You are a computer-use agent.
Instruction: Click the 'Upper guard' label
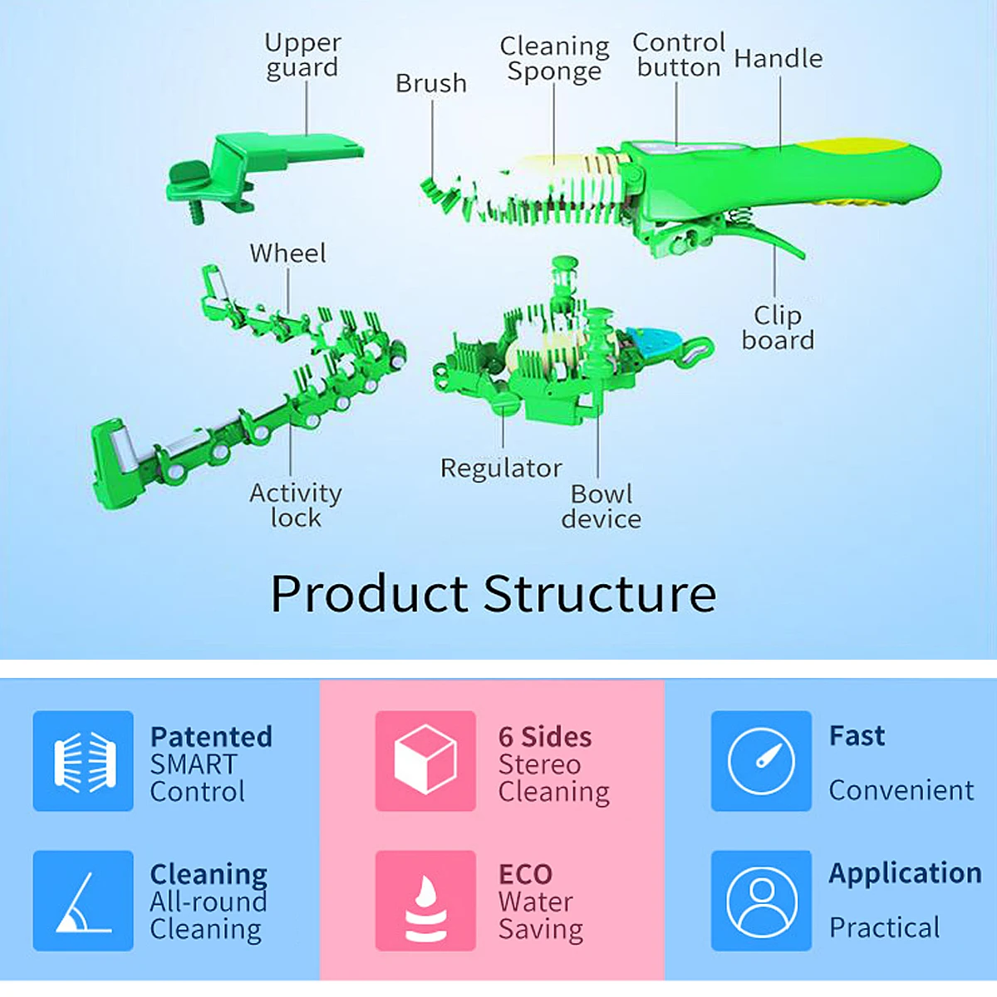(x=302, y=55)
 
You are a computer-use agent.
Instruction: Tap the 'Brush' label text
(x=430, y=83)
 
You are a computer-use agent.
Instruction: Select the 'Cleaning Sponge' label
(x=554, y=58)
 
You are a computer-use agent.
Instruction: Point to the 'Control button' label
(x=679, y=55)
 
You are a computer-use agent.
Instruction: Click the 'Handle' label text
(x=778, y=58)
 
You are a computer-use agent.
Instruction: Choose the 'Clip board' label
(x=778, y=327)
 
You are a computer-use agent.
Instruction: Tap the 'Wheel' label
(x=287, y=253)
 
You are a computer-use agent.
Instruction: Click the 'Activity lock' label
(x=296, y=505)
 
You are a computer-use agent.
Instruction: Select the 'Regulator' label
(x=501, y=469)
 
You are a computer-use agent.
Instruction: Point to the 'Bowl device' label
(x=601, y=506)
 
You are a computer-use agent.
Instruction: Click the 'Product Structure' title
(x=494, y=593)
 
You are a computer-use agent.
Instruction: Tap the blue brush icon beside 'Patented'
(x=83, y=761)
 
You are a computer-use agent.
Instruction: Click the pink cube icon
(x=425, y=761)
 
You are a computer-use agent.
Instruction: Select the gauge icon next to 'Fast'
(x=761, y=761)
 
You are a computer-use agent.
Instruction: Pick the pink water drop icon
(x=425, y=901)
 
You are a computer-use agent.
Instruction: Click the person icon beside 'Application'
(x=761, y=901)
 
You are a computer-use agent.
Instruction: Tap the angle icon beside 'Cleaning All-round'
(x=83, y=901)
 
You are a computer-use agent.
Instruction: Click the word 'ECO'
(x=525, y=874)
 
